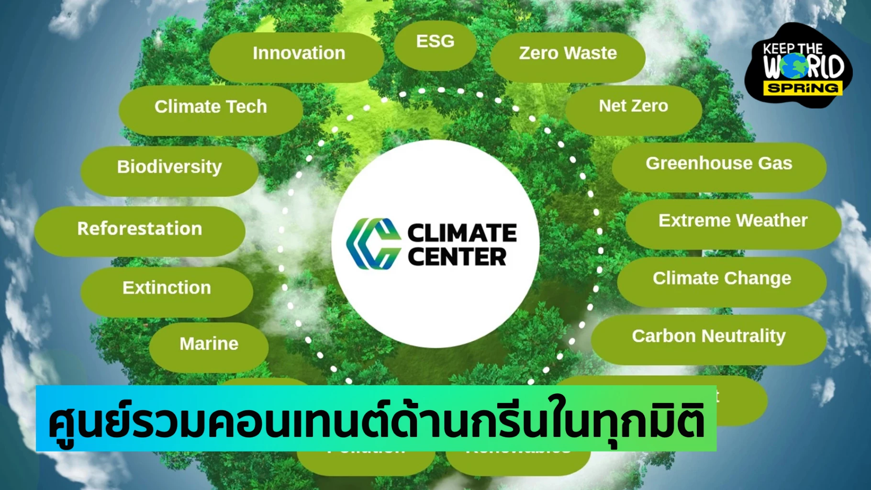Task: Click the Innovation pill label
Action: (x=299, y=53)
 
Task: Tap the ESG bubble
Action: (x=435, y=42)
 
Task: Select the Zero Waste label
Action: (x=568, y=53)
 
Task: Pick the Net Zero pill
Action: (x=633, y=106)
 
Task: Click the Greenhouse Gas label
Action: (x=719, y=164)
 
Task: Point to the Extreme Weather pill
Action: (x=733, y=221)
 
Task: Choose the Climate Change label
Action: (x=722, y=278)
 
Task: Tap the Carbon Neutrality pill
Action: (x=709, y=336)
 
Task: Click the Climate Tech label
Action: (x=211, y=107)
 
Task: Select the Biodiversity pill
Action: (x=169, y=167)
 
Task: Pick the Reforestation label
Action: (x=140, y=229)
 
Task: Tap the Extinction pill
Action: (x=167, y=288)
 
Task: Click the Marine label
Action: (x=209, y=344)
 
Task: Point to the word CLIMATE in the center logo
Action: (x=462, y=233)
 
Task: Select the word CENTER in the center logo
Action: (x=457, y=257)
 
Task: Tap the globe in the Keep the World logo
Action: (x=794, y=66)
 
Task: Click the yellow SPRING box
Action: (x=803, y=88)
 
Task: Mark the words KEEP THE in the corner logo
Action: (x=793, y=49)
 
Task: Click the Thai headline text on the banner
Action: (x=376, y=420)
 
